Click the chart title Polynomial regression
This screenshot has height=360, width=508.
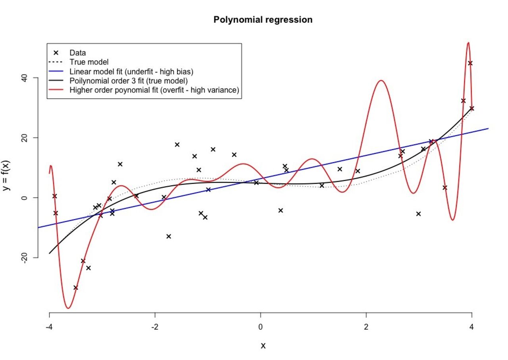(263, 19)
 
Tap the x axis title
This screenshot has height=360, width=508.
(263, 346)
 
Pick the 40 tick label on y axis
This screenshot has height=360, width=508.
(24, 78)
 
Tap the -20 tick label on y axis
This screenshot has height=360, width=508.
(24, 257)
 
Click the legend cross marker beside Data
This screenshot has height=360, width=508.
(56, 53)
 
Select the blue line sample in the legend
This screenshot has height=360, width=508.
(56, 72)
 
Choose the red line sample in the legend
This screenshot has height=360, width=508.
(56, 90)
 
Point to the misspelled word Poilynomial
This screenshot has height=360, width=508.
(89, 81)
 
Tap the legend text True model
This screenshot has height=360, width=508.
(89, 62)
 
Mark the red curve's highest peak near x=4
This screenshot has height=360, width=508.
(468, 42)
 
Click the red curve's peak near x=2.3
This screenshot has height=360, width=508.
(381, 81)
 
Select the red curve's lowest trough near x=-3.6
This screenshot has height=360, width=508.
(68, 308)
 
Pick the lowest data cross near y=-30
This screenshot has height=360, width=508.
(76, 287)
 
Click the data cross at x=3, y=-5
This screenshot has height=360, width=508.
(418, 214)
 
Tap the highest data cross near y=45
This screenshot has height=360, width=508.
(470, 63)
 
